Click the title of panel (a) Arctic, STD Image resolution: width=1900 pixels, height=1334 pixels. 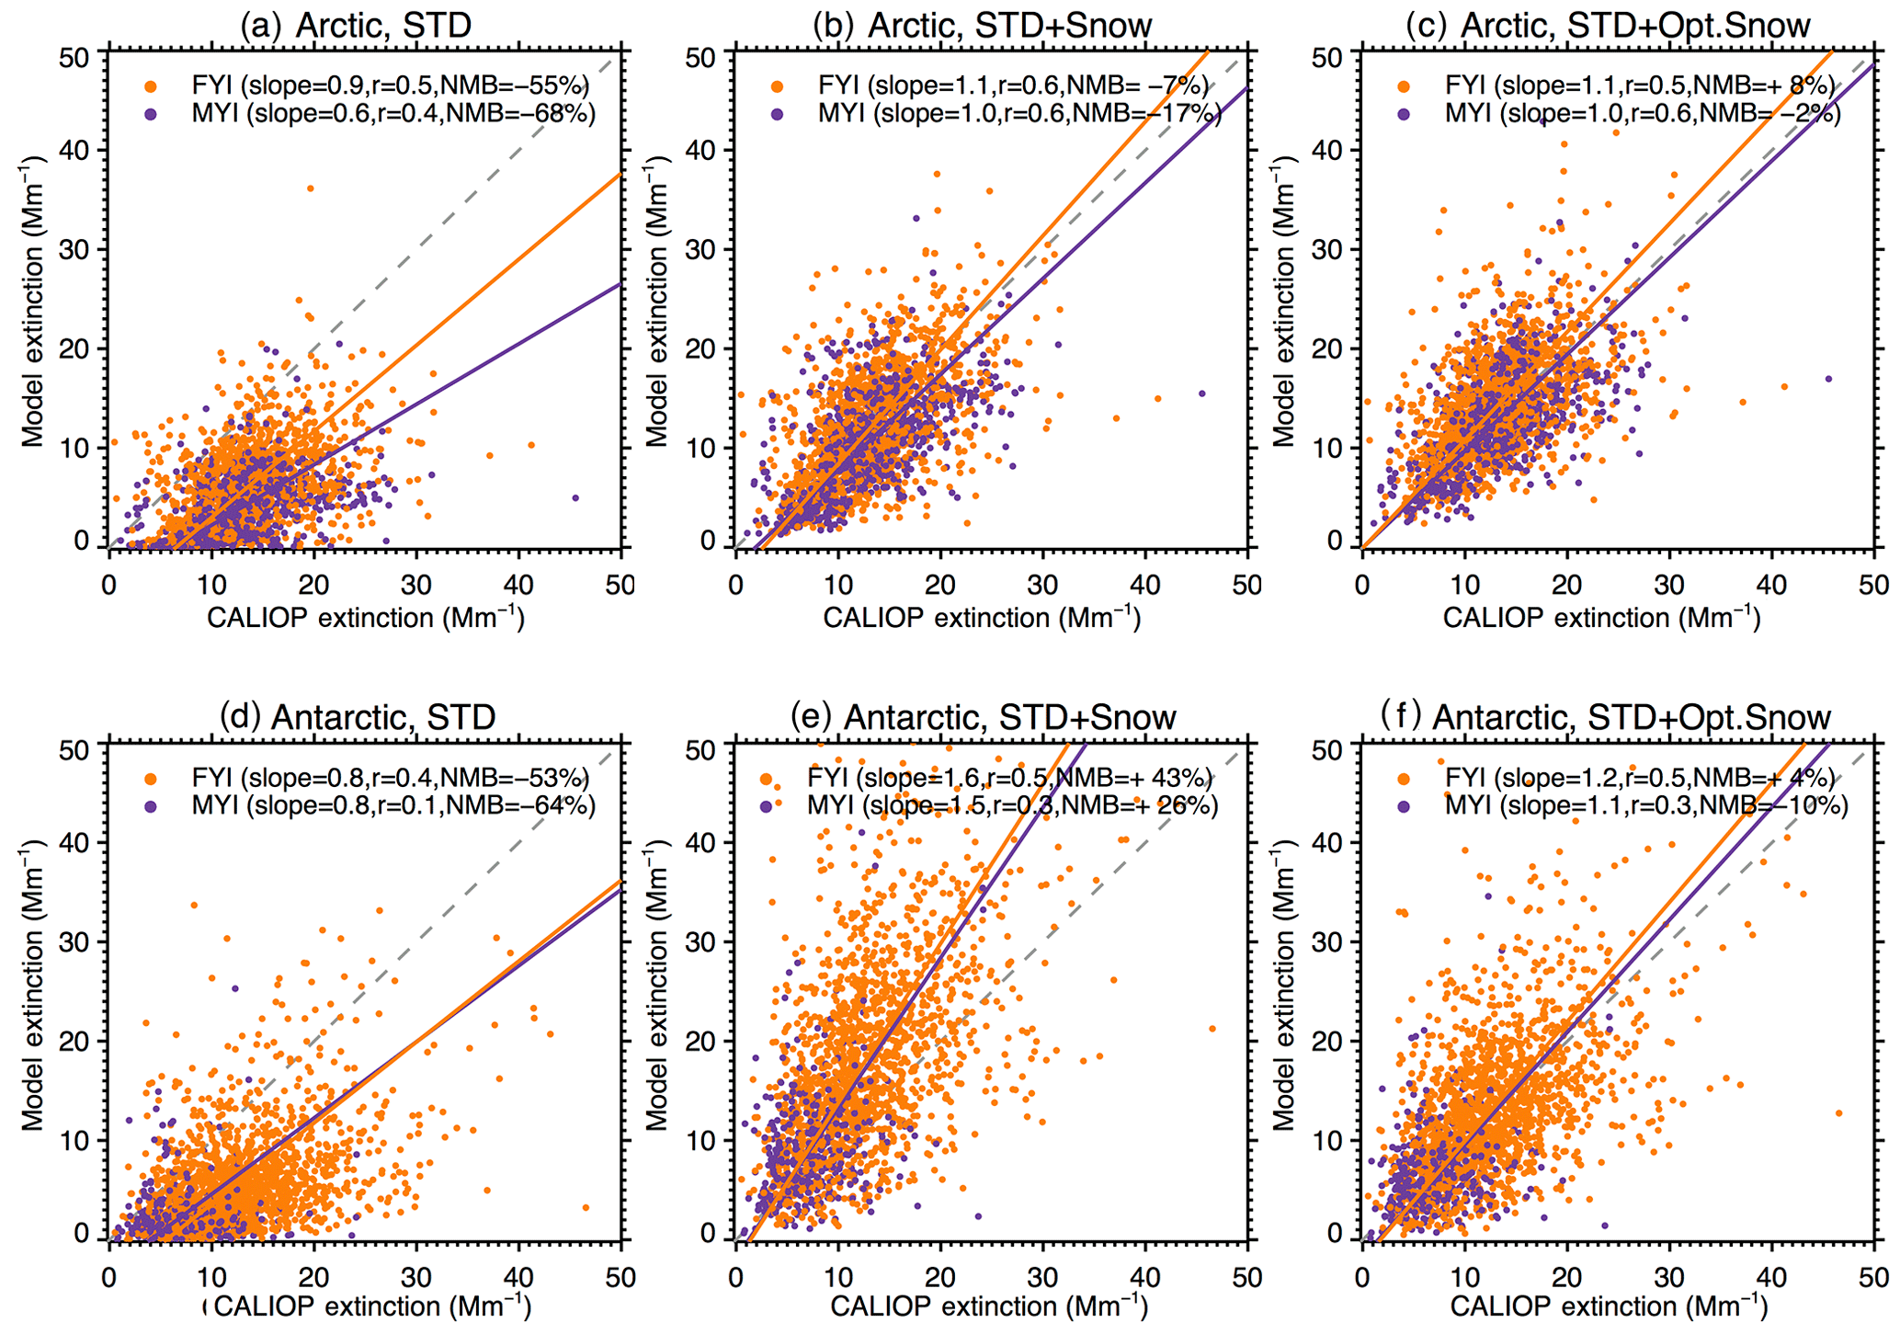coord(355,25)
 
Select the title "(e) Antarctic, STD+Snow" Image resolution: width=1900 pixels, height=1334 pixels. coord(983,717)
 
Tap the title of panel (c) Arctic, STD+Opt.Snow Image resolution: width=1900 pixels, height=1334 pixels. coord(1608,25)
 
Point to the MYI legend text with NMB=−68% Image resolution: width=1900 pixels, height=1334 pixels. coord(393,114)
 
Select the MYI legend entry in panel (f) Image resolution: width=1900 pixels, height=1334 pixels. coord(1645,806)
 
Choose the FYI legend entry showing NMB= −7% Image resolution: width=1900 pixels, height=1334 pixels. coord(1013,86)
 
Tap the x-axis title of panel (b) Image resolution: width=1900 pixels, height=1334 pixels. coord(982,618)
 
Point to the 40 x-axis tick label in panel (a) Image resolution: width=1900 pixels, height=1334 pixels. coord(518,585)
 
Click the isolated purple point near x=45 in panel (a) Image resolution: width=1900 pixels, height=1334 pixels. coord(575,497)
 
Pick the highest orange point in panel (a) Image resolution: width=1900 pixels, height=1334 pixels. coord(310,188)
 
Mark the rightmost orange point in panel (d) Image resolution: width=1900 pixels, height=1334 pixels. coord(586,1207)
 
